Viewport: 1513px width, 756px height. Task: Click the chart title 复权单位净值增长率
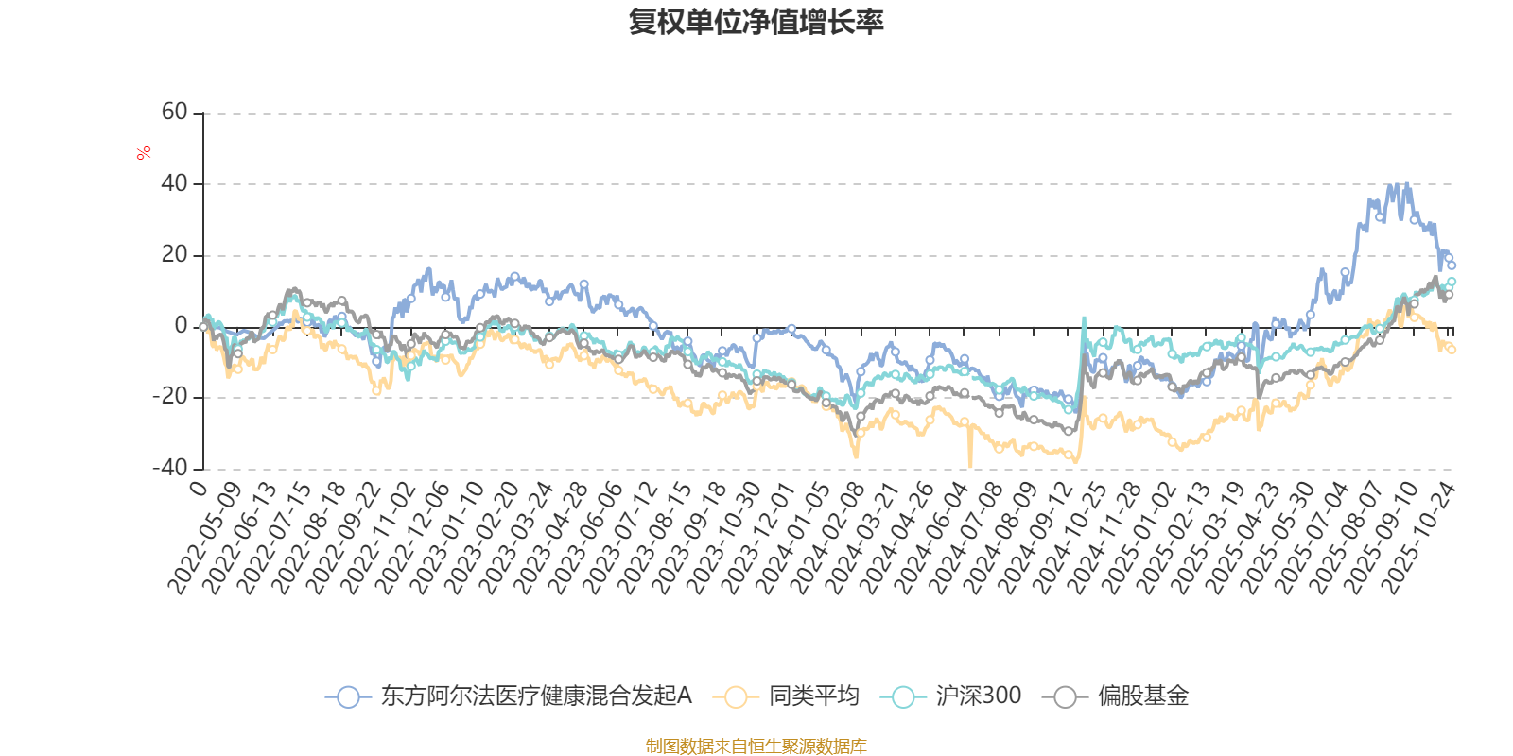pyautogui.click(x=756, y=22)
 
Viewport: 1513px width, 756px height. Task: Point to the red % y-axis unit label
pyautogui.click(x=144, y=152)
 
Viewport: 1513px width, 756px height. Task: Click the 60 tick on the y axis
pyautogui.click(x=175, y=112)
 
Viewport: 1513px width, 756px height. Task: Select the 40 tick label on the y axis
pyautogui.click(x=175, y=183)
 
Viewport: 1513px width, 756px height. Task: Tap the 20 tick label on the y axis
pyautogui.click(x=175, y=254)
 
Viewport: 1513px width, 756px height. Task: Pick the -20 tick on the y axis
pyautogui.click(x=171, y=397)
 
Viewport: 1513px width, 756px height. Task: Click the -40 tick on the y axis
pyautogui.click(x=171, y=468)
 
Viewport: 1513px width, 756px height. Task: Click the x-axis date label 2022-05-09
pyautogui.click(x=205, y=538)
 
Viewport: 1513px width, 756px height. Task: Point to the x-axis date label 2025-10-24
pyautogui.click(x=1419, y=538)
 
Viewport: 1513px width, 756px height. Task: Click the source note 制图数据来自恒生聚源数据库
pyautogui.click(x=756, y=747)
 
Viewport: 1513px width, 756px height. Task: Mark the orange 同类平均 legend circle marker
pyautogui.click(x=736, y=697)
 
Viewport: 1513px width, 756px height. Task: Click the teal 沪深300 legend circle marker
pyautogui.click(x=903, y=697)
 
